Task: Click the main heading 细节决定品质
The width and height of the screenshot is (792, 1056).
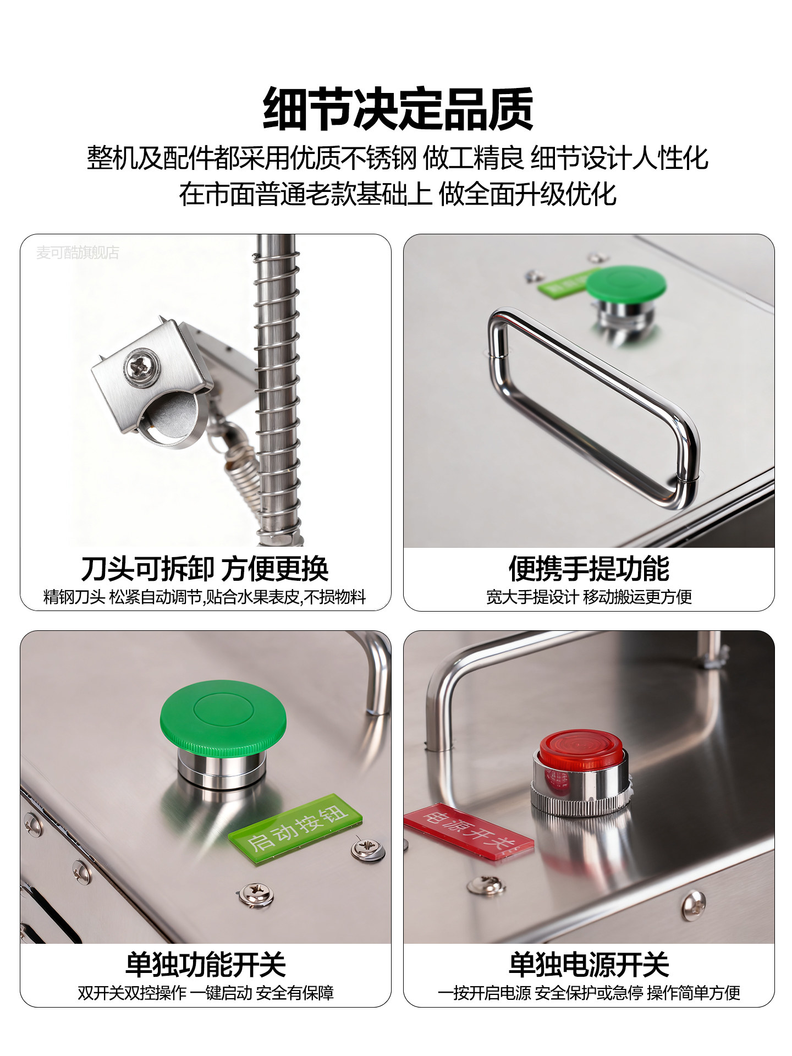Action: click(398, 109)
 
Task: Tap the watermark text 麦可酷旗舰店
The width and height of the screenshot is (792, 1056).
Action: click(78, 252)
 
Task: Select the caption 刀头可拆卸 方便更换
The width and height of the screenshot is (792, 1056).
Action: click(205, 569)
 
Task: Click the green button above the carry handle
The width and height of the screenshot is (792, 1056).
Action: click(625, 284)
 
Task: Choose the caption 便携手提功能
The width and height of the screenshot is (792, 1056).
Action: click(588, 569)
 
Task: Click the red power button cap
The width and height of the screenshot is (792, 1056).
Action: click(580, 750)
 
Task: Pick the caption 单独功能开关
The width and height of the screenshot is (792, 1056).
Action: click(206, 965)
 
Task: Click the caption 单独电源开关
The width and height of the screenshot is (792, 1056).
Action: click(588, 965)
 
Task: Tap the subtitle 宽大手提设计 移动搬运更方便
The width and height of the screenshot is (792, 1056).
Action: click(588, 597)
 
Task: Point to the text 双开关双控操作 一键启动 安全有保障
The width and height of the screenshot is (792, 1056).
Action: click(206, 993)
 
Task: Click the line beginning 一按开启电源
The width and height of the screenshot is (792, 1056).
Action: click(588, 993)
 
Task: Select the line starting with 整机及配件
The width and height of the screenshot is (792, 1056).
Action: click(397, 158)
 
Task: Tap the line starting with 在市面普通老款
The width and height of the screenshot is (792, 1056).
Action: click(397, 194)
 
